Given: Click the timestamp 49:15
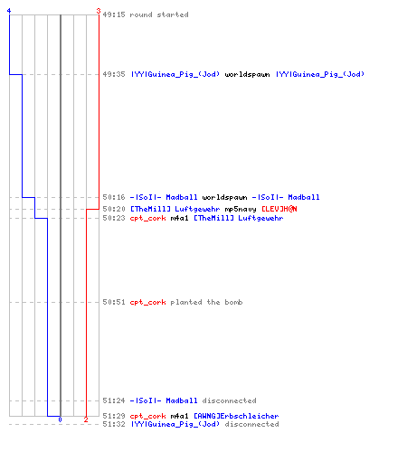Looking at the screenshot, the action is coord(114,14).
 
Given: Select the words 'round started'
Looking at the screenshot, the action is coord(159,14).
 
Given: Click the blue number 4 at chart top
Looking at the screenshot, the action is coord(9,11).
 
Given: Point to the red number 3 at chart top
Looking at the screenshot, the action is coord(99,11).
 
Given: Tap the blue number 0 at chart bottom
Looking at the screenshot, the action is coord(60,419).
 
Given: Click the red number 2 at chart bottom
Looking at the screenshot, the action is coord(86,419).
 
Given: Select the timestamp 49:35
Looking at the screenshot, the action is coord(114,74).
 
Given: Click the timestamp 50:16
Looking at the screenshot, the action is coord(114,197).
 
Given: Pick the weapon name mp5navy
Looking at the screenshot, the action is coord(241,209).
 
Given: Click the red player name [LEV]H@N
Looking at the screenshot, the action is coord(279,209).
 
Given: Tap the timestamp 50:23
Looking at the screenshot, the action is coord(114,218).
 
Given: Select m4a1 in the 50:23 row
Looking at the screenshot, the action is coord(179,218).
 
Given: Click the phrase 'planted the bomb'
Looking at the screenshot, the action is coord(206,302).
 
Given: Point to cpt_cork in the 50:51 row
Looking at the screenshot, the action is coord(147,302).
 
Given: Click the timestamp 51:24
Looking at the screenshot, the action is coord(114,400).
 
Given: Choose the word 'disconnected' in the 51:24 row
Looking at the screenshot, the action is coord(229,400).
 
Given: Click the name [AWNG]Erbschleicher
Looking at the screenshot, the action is coord(236,416).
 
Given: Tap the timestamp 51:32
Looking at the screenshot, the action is coord(114,424).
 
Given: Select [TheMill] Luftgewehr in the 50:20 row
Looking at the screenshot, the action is coord(175,209).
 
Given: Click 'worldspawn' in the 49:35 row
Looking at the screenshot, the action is coord(247,74).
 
